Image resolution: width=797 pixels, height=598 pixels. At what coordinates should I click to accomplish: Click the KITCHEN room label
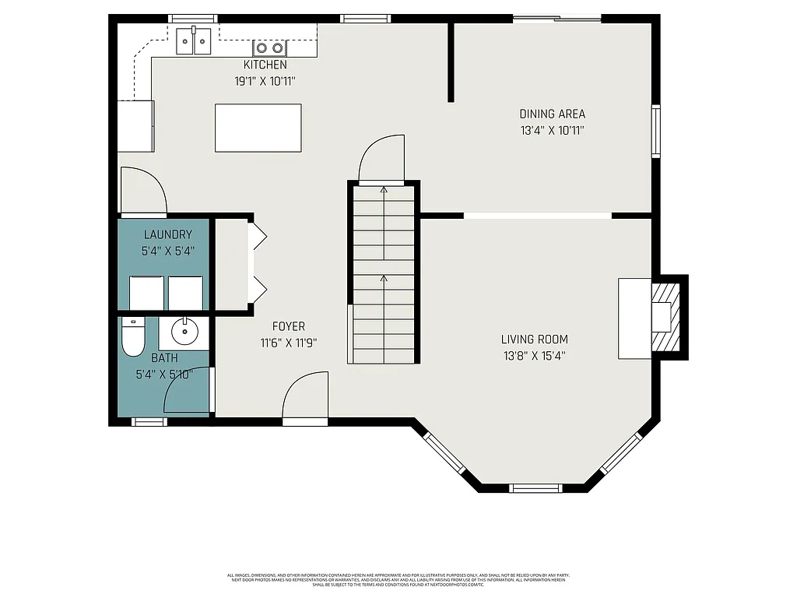[x=265, y=65]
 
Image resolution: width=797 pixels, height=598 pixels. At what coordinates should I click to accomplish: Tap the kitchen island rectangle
[x=258, y=128]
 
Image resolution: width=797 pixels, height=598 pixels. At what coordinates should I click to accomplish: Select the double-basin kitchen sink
[x=193, y=41]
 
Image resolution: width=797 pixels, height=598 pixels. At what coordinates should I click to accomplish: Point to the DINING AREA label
[x=552, y=114]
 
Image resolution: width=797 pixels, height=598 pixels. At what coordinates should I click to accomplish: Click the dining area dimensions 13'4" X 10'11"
[x=552, y=131]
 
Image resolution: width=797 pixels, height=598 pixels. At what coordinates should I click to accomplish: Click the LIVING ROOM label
[x=534, y=339]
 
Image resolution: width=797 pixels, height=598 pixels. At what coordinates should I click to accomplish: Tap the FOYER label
[x=288, y=326]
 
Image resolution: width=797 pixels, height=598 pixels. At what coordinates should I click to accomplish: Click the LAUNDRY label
[x=167, y=234]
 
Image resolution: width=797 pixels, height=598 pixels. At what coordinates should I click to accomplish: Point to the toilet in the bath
[x=132, y=337]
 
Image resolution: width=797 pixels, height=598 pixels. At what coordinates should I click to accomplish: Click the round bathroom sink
[x=184, y=332]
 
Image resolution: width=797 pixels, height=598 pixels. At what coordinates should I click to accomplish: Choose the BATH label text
[x=163, y=358]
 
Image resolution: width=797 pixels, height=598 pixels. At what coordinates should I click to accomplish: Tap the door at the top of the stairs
[x=382, y=159]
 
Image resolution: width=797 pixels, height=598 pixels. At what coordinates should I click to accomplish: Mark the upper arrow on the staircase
[x=383, y=189]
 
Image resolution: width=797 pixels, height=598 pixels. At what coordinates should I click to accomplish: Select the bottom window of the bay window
[x=535, y=488]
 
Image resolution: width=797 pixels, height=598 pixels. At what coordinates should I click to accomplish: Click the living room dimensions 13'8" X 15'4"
[x=534, y=356]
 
